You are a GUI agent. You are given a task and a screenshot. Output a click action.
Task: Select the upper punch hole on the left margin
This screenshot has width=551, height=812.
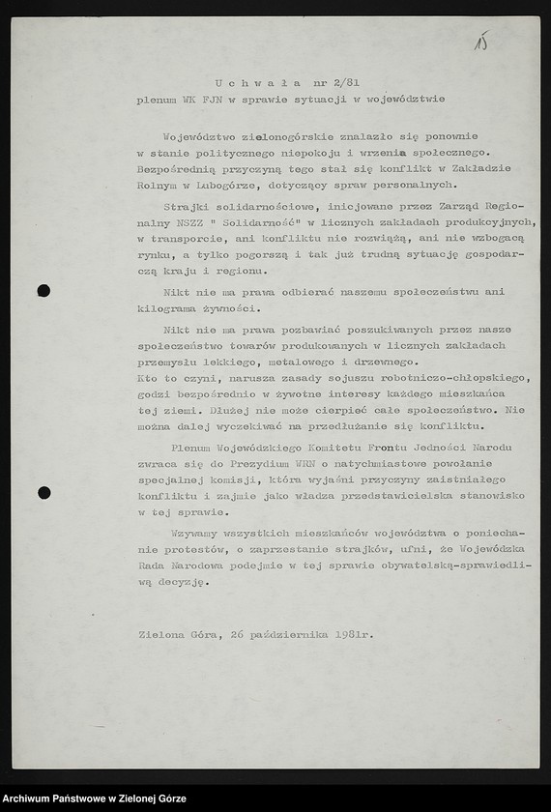pos(43,290)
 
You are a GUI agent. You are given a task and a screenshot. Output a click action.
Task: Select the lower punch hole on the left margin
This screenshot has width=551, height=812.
pos(43,493)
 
